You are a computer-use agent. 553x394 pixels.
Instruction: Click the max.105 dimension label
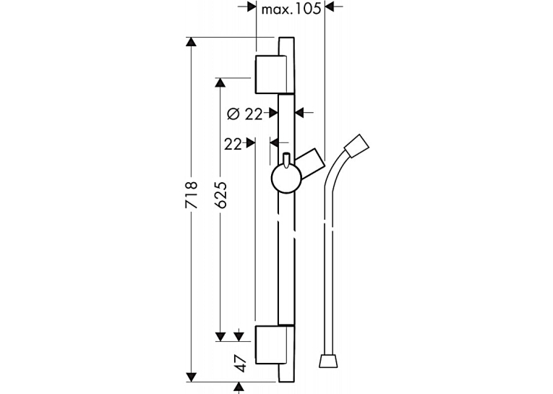click(x=291, y=9)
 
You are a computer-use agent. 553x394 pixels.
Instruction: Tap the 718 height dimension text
click(x=192, y=195)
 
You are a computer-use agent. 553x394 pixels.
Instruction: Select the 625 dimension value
click(x=220, y=195)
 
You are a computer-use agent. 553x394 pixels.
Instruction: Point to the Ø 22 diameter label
click(x=245, y=114)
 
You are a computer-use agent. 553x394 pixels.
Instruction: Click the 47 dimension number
click(x=241, y=364)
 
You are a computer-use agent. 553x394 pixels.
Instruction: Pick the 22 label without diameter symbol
click(x=233, y=144)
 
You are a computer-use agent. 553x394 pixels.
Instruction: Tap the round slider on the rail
click(x=286, y=179)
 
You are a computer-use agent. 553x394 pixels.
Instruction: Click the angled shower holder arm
click(x=310, y=163)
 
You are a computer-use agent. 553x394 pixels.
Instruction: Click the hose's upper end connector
click(x=357, y=146)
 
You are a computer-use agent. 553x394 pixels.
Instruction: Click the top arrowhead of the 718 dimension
click(x=191, y=42)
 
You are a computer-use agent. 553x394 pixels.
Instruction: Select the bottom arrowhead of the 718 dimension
click(x=191, y=377)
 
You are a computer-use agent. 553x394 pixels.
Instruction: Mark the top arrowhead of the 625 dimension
click(x=220, y=82)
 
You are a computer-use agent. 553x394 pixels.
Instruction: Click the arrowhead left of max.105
click(x=251, y=7)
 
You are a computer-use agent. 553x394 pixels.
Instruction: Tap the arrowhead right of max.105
click(x=329, y=7)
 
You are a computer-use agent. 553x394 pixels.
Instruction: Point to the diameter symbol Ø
click(x=233, y=114)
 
